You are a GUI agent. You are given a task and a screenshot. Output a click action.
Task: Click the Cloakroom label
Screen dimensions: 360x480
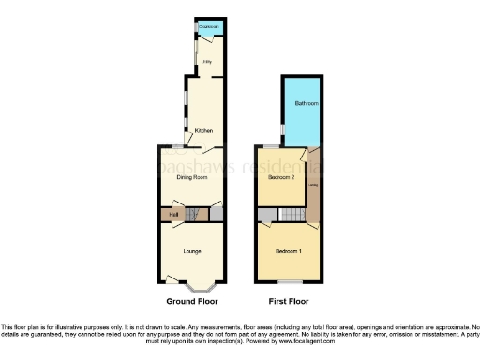pos(208,27)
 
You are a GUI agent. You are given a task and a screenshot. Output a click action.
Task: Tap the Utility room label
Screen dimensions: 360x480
pos(206,63)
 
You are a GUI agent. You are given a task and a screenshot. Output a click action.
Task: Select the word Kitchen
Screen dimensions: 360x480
pos(203,130)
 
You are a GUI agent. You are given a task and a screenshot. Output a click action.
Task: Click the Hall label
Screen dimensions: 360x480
pos(174,215)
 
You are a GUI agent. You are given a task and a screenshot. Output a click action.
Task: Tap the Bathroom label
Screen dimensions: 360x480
pos(306,103)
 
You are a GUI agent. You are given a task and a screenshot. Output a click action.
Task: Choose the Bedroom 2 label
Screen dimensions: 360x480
pos(281,176)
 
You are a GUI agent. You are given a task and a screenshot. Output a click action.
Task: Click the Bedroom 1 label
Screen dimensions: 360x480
pos(288,251)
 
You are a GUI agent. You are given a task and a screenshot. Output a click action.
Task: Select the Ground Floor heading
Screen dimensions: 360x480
pos(192,301)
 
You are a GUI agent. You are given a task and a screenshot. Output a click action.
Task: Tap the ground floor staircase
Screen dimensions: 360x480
pos(195,215)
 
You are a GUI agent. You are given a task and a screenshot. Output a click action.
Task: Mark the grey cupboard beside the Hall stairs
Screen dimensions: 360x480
pos(216,215)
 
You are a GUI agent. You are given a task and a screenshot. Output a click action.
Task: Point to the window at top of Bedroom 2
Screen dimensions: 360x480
pos(270,146)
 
